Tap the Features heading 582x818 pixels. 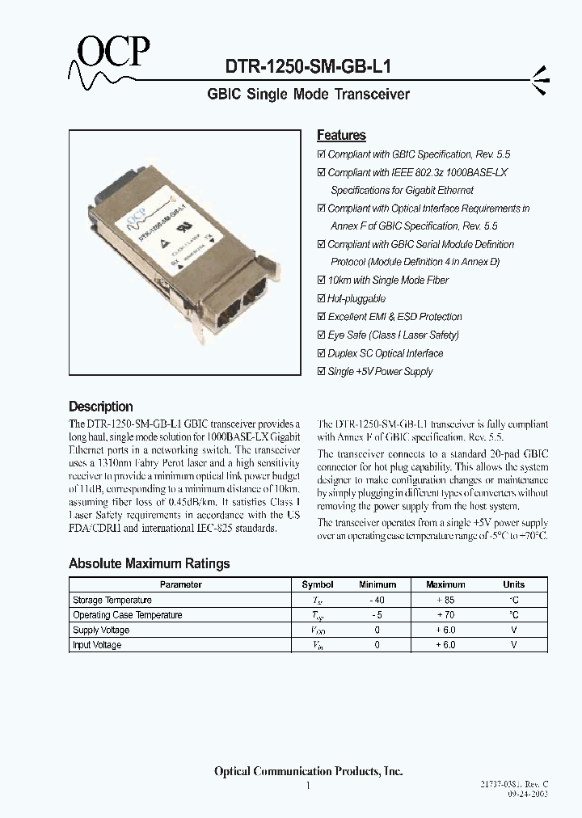point(341,136)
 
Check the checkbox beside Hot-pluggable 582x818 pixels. point(321,299)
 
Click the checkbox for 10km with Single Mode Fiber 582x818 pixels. point(321,280)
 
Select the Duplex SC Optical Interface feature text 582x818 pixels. point(385,353)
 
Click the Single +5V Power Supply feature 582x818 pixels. point(380,372)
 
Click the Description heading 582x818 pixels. point(101,407)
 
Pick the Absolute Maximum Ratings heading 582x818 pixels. point(150,563)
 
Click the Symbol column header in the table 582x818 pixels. point(318,584)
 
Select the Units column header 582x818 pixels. point(513,584)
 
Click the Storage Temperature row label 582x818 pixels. point(112,601)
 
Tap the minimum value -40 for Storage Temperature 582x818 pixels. point(377,601)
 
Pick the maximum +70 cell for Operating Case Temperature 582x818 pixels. point(445,615)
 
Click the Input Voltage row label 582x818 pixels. point(97,645)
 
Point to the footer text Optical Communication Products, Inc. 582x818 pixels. point(308,771)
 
